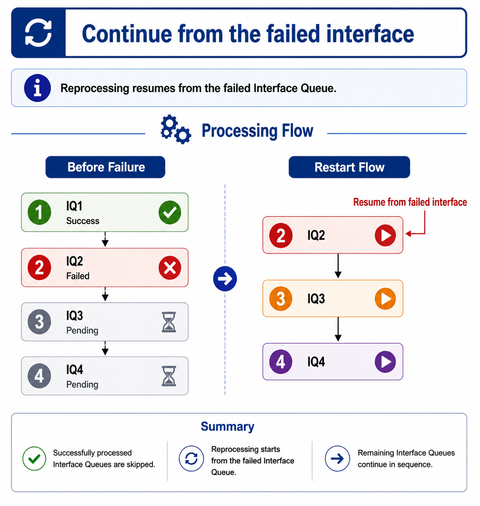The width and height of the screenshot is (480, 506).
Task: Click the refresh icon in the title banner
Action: (38, 33)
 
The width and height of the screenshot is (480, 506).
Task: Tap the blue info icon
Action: (37, 88)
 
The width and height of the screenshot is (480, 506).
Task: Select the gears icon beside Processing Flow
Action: (176, 129)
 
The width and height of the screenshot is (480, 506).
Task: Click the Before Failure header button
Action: (105, 167)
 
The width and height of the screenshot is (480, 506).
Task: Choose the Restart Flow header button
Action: (349, 167)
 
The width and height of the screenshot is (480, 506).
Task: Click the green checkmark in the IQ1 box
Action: (170, 212)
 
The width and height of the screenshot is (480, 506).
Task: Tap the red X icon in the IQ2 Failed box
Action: (170, 268)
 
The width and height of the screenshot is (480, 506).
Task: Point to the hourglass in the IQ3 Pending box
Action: (169, 322)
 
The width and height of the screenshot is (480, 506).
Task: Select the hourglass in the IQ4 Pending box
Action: (169, 376)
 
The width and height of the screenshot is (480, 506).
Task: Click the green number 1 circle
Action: (39, 212)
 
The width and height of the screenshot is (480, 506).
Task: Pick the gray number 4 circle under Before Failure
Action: (39, 376)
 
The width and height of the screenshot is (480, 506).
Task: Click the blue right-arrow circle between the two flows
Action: (225, 279)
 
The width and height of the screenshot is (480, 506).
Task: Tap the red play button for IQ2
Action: (385, 236)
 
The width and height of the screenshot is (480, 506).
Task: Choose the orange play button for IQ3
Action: (385, 299)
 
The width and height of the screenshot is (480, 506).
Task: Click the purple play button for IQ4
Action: (385, 362)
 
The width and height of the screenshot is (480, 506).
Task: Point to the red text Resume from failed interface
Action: (410, 202)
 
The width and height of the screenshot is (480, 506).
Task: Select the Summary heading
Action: (227, 427)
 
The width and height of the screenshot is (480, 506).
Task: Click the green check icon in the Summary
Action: (34, 459)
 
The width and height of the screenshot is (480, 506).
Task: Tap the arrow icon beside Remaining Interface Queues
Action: (337, 459)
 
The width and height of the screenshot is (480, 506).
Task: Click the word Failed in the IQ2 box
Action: (78, 276)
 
